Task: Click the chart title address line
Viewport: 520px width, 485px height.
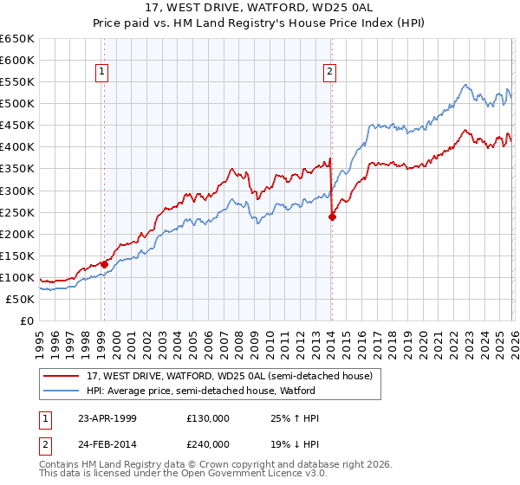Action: point(259,9)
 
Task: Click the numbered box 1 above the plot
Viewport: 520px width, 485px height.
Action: point(103,72)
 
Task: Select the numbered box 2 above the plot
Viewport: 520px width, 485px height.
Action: point(330,72)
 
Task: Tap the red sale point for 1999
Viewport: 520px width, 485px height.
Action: point(104,264)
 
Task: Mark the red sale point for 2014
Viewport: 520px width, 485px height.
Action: point(332,217)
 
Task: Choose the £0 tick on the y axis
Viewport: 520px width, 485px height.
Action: point(27,321)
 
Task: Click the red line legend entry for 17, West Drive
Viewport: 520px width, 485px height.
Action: point(229,376)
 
